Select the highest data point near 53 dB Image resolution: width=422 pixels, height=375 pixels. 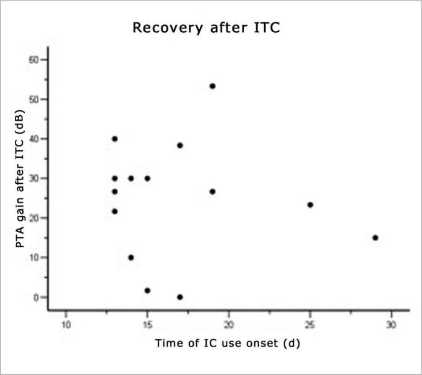tap(212, 86)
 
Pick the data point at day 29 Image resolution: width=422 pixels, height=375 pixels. tap(375, 238)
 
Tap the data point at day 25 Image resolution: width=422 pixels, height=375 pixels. tap(310, 205)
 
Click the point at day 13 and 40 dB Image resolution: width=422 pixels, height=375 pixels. tap(114, 139)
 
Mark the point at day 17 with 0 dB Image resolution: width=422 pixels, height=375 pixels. tap(179, 297)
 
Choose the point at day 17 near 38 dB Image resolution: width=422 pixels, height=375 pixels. tap(179, 145)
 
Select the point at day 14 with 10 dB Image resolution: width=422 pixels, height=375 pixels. tap(131, 257)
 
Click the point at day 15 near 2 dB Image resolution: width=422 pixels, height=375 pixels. tap(147, 290)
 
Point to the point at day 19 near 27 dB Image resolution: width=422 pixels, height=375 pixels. tap(212, 192)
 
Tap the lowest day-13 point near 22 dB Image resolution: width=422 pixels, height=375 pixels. tap(114, 211)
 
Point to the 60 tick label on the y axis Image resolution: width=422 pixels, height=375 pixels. tap(34, 59)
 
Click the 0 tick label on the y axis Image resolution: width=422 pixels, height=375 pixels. tap(37, 297)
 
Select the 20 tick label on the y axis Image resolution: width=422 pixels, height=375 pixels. tap(34, 218)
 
